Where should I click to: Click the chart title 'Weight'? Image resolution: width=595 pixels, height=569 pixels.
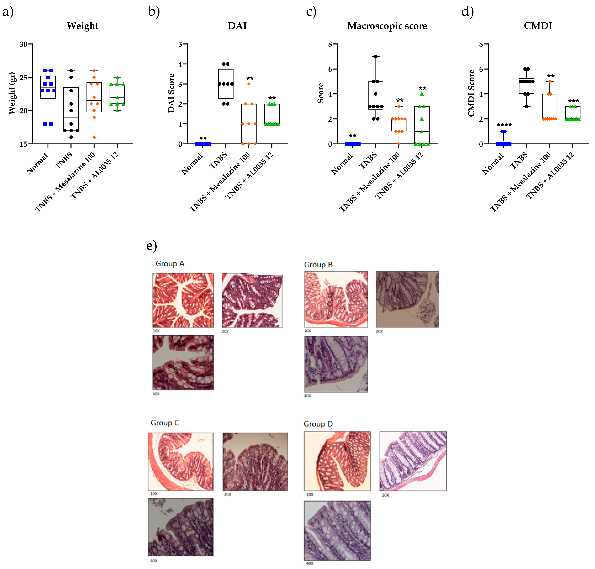point(82,26)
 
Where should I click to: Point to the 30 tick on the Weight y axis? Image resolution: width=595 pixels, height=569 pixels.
point(24,44)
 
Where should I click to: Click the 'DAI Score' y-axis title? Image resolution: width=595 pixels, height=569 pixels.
point(171,93)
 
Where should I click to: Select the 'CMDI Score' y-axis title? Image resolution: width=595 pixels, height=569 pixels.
point(471,93)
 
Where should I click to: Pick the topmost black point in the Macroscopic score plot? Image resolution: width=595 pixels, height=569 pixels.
point(375,56)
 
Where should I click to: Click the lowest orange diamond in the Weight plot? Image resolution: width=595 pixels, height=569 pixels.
point(94,137)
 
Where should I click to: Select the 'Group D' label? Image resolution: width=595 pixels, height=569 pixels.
point(318,424)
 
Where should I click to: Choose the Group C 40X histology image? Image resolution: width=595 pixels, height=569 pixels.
point(181,527)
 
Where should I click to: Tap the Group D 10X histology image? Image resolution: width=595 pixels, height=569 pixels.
point(337,461)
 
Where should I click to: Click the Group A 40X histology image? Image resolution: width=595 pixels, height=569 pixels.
point(183,363)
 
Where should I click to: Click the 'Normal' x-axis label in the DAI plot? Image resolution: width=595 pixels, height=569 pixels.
point(192,164)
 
